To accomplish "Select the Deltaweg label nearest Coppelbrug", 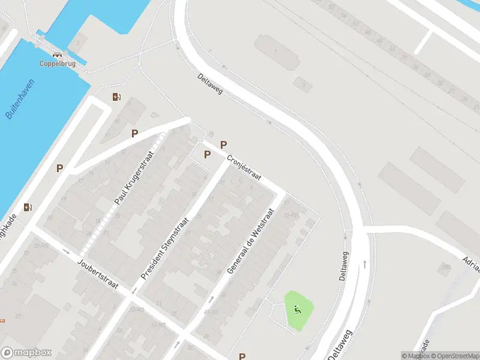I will [209, 84].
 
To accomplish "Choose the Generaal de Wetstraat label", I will [250, 241].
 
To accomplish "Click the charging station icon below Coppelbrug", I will [116, 97].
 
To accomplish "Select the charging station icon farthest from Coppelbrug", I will [28, 208].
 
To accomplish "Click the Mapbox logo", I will [26, 353].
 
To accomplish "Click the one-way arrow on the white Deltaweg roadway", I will [364, 263].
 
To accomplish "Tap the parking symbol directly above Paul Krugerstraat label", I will [135, 134].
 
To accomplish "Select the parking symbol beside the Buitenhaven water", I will [59, 169].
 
